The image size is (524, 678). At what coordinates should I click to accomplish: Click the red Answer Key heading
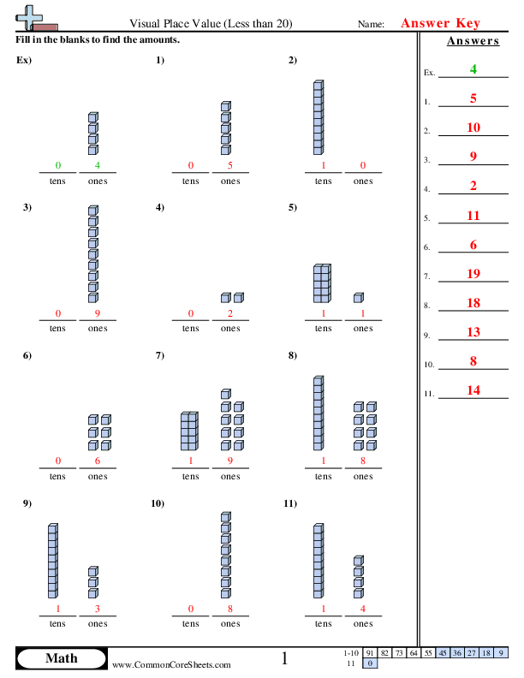coord(441,24)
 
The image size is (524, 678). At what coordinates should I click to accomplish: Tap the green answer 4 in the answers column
coord(473,69)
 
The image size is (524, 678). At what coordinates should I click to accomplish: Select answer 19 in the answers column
coord(473,273)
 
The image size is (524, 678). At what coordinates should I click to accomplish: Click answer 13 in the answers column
coord(473,331)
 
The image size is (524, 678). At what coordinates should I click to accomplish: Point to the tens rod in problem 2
coord(319,117)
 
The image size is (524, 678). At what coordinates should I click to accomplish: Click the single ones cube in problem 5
coord(358,298)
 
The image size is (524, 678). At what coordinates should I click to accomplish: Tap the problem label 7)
coord(160,355)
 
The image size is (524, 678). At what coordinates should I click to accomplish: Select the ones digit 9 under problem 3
coord(98,314)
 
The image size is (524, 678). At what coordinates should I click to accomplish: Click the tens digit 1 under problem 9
coord(57,610)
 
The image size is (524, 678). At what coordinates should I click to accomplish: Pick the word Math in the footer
coord(61,658)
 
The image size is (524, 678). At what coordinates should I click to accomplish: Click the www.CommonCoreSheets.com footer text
coord(171,664)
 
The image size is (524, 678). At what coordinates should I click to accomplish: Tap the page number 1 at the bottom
coord(285,658)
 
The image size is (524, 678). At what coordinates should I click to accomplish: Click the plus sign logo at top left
coord(28,15)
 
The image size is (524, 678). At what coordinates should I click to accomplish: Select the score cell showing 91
coord(370,652)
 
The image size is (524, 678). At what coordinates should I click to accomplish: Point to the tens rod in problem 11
coord(319,562)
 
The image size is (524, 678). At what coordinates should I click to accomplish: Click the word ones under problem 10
coord(230,623)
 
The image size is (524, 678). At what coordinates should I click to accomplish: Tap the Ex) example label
coord(23,60)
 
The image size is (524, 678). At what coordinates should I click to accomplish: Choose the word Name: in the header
coord(371,26)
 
